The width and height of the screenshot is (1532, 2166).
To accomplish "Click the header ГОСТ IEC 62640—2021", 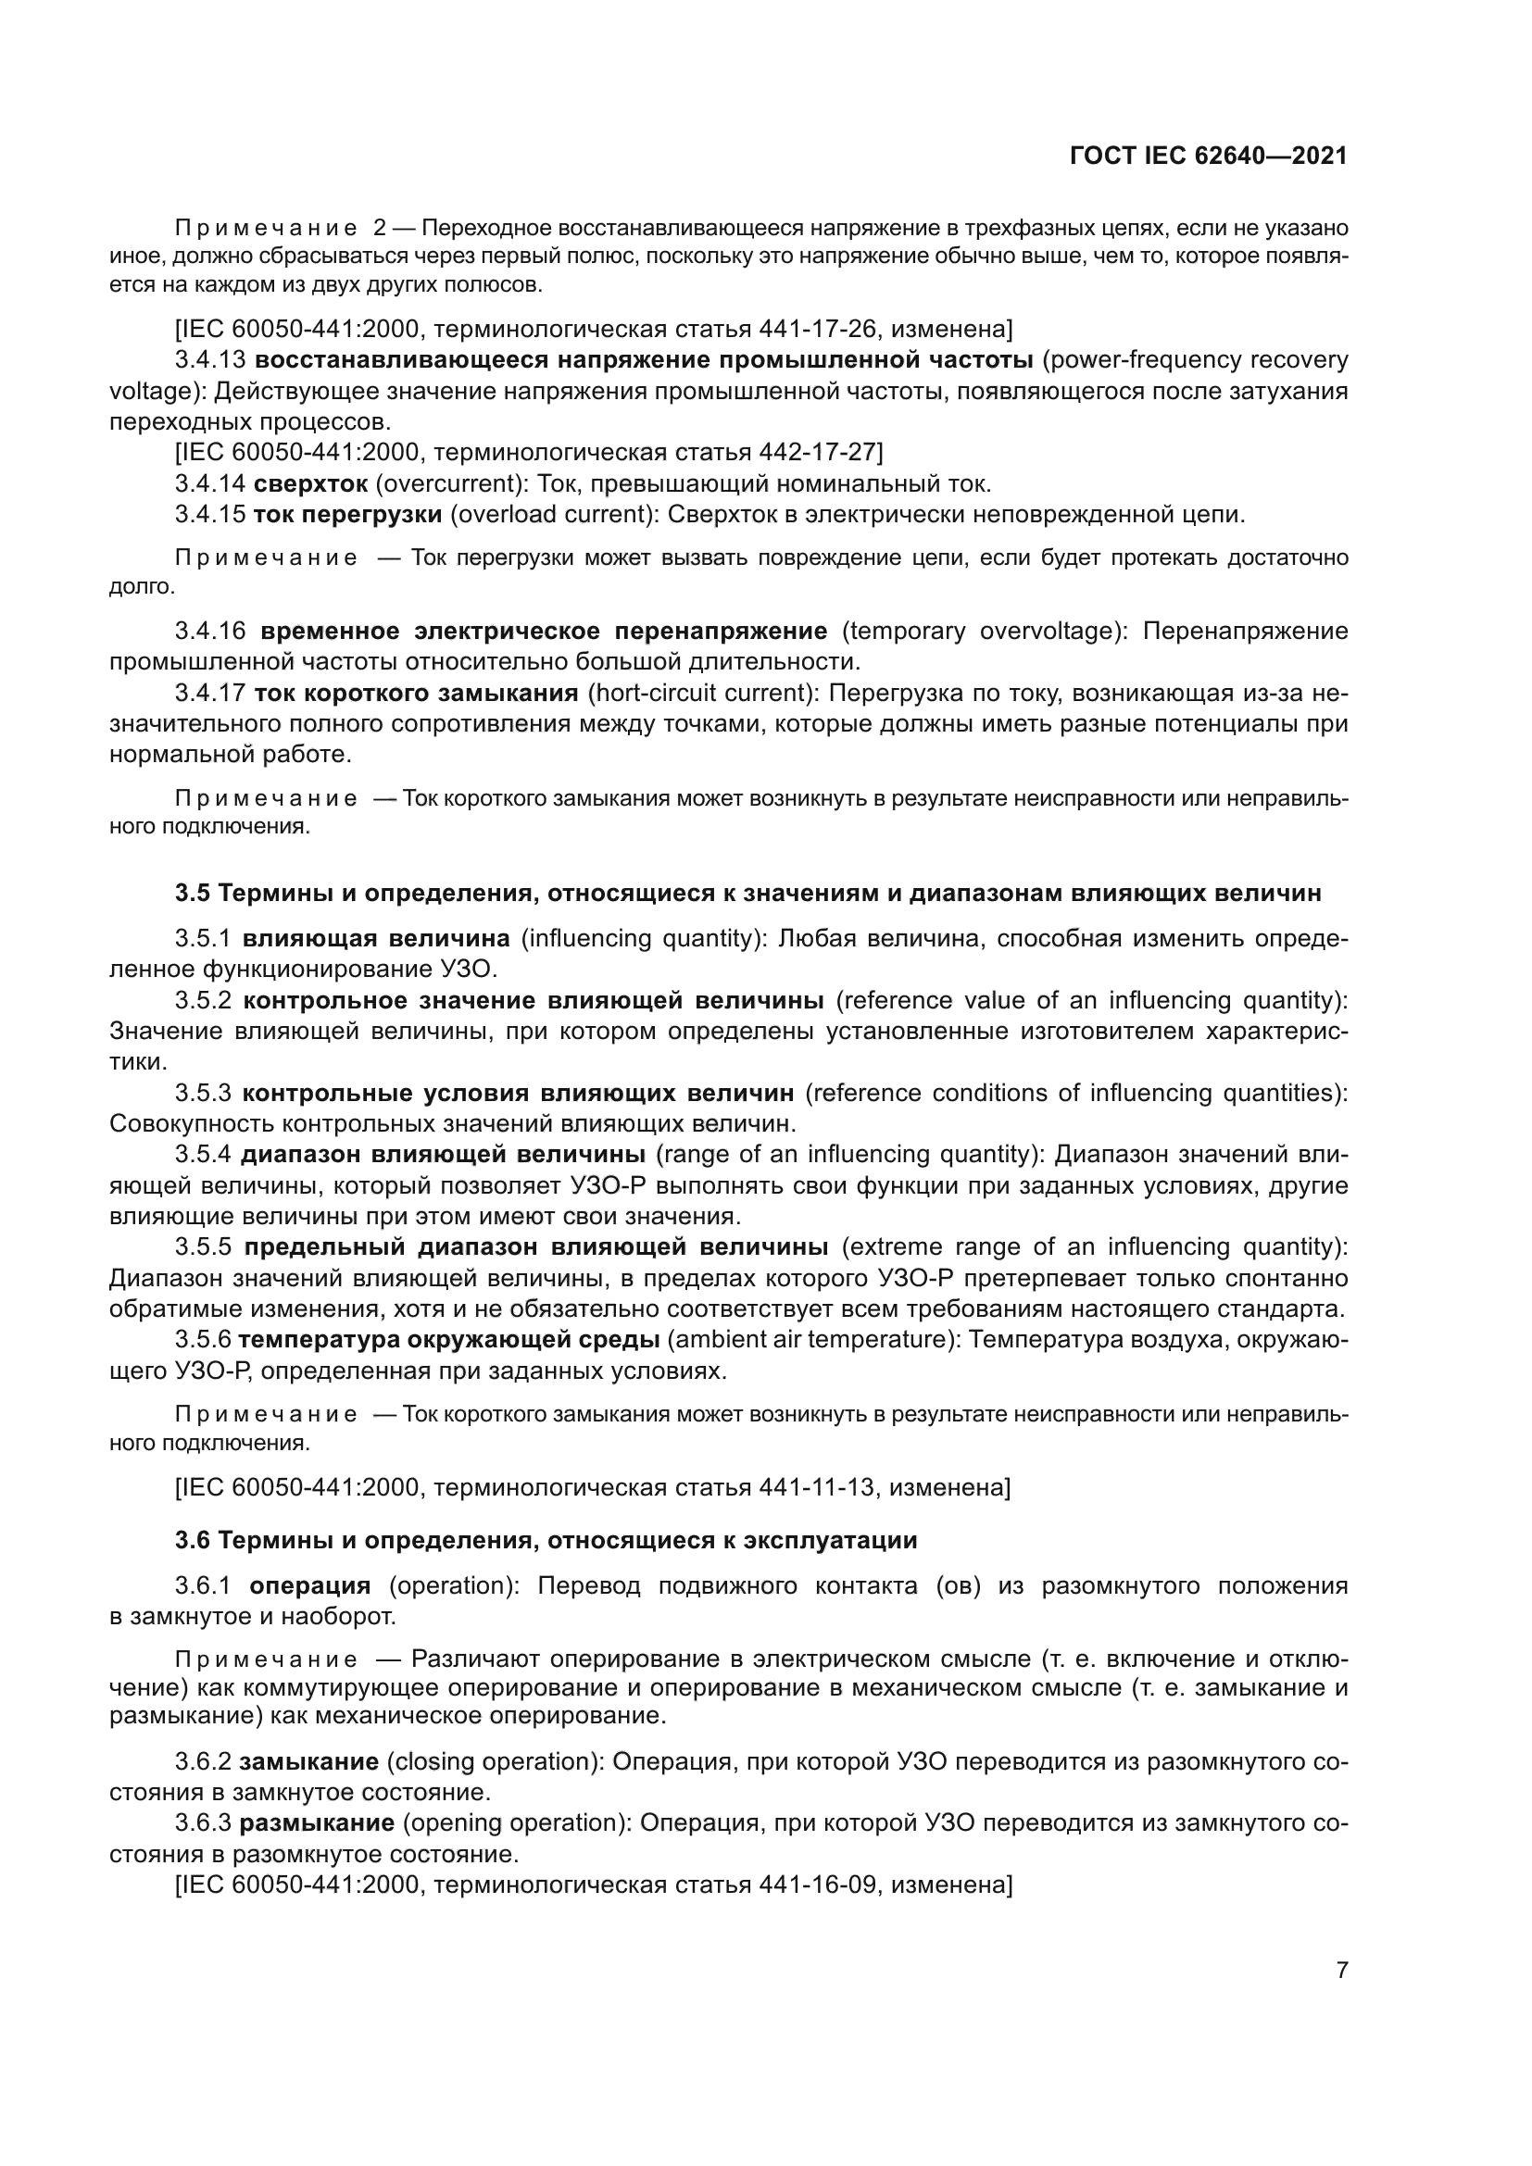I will pyautogui.click(x=1209, y=157).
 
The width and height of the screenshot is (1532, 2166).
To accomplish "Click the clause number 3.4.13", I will pyautogui.click(x=209, y=360).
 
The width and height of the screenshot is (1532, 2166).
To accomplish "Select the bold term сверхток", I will pyautogui.click(x=310, y=485).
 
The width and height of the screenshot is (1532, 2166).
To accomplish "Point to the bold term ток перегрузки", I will pyautogui.click(x=347, y=515).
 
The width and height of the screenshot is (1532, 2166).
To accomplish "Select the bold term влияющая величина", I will pyautogui.click(x=375, y=939).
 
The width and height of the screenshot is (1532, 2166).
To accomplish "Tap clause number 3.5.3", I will pyautogui.click(x=203, y=1094).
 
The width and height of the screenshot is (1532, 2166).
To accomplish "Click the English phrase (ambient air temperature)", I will pyautogui.click(x=812, y=1341).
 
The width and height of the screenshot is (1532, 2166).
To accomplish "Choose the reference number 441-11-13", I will pyautogui.click(x=817, y=1488).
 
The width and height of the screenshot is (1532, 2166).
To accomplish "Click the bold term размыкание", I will pyautogui.click(x=316, y=1823).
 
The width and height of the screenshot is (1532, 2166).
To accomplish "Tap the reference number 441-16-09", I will pyautogui.click(x=817, y=1884).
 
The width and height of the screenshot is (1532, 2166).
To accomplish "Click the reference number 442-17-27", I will pyautogui.click(x=817, y=453).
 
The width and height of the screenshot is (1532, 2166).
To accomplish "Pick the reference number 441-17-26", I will pyautogui.click(x=817, y=330).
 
